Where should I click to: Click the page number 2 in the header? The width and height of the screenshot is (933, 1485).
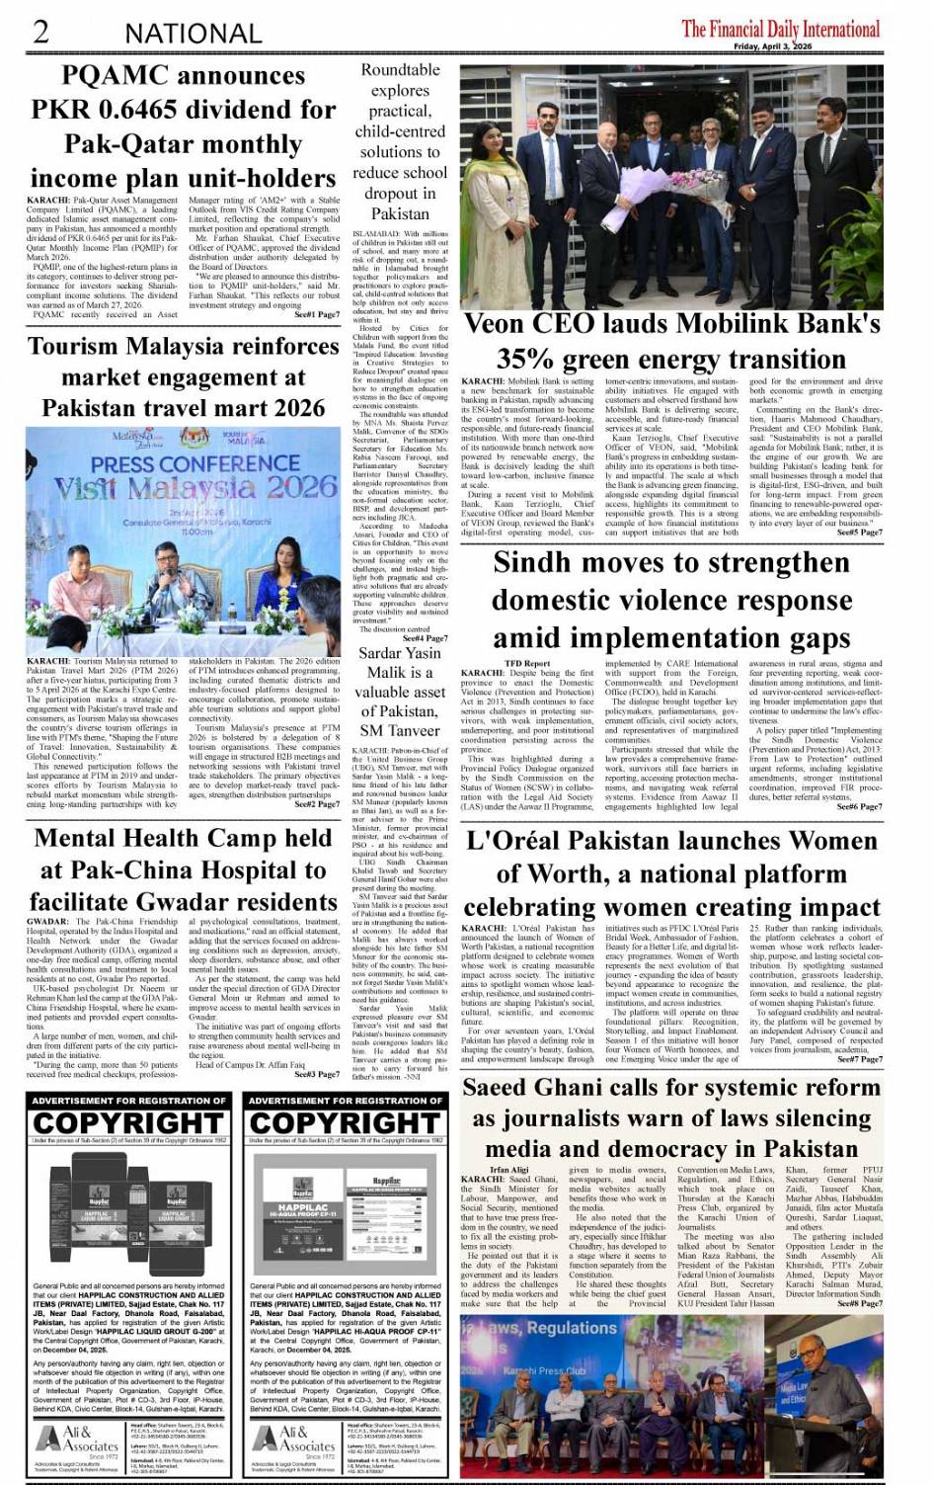click(x=40, y=32)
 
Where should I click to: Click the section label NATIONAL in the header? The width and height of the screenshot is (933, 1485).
click(x=193, y=34)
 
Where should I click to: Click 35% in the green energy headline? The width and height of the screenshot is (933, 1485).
click(x=529, y=359)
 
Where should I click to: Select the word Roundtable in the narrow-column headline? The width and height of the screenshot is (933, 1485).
click(x=400, y=70)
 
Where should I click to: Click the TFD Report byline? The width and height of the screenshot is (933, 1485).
click(x=527, y=663)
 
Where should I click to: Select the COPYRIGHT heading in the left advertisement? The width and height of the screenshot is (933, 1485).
click(x=127, y=1123)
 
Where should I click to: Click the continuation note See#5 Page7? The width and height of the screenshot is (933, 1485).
click(x=859, y=533)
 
